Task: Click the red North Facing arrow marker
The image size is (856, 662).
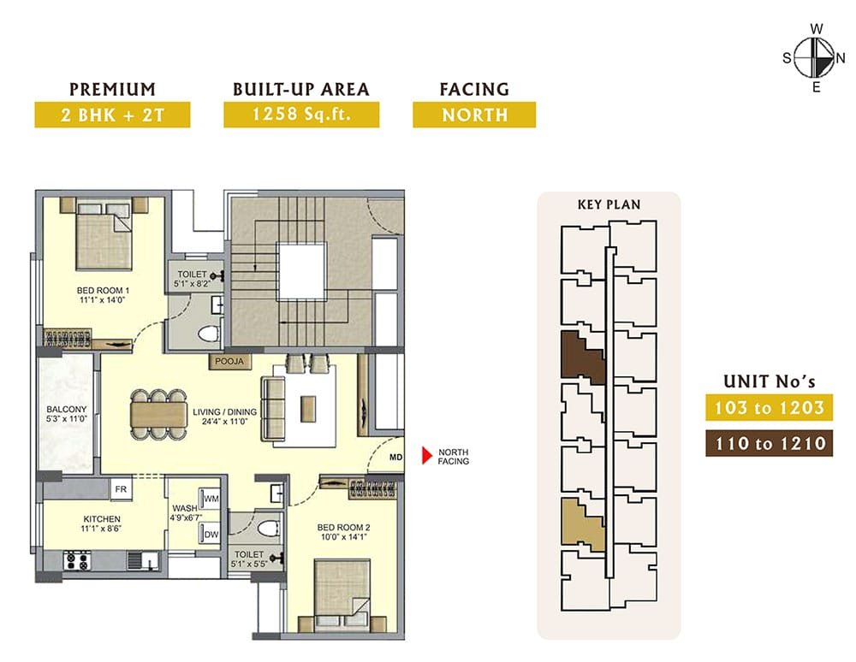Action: (x=427, y=456)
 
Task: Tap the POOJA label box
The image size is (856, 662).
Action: (x=229, y=362)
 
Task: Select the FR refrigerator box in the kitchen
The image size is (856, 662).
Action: (x=121, y=489)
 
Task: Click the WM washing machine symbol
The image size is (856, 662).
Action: (x=211, y=499)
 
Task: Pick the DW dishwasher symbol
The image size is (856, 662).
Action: (x=211, y=534)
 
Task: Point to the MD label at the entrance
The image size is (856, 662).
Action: (x=395, y=457)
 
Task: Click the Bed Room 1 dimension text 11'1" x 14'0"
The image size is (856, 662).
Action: (x=103, y=300)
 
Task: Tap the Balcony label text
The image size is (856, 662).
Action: (x=67, y=409)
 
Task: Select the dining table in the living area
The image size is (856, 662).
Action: (x=158, y=414)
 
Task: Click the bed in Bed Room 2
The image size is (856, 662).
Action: (x=342, y=596)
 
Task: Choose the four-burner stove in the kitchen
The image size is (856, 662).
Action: (x=77, y=560)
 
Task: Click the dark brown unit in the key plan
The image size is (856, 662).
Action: (x=582, y=357)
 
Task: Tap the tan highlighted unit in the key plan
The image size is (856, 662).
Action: (x=582, y=524)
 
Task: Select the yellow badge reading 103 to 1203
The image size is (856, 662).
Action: (x=769, y=407)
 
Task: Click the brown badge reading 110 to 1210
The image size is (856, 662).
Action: (x=769, y=443)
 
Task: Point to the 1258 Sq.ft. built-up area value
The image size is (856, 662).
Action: (x=301, y=115)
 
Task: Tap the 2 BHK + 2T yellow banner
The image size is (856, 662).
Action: (x=112, y=115)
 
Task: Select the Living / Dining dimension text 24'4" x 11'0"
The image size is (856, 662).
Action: (x=224, y=421)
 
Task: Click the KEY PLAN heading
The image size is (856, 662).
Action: (x=609, y=204)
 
